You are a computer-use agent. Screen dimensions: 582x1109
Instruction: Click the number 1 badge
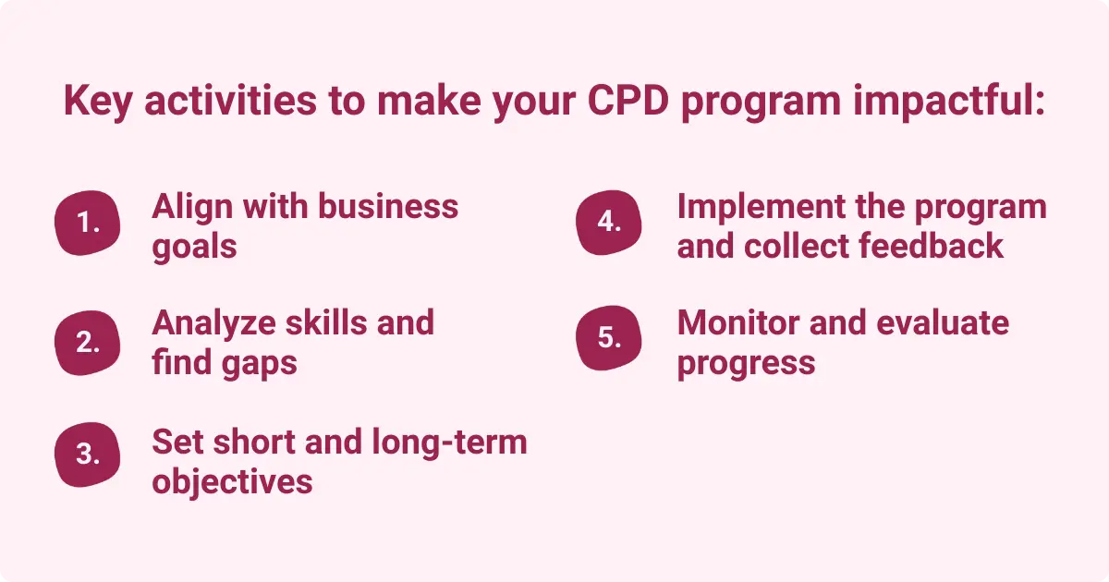pos(89,224)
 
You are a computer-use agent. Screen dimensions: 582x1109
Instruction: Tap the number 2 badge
pos(89,342)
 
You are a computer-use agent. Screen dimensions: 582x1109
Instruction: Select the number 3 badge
pos(89,455)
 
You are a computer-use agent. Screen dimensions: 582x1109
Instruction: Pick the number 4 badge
pos(608,223)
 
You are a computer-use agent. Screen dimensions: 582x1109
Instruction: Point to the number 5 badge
pos(608,337)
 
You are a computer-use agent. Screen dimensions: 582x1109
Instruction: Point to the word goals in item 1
pos(194,248)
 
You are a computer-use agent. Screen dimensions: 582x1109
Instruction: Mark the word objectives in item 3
pos(232,482)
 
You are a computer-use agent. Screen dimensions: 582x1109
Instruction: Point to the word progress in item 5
pos(746,363)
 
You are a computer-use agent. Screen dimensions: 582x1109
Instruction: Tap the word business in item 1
pos(388,206)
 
